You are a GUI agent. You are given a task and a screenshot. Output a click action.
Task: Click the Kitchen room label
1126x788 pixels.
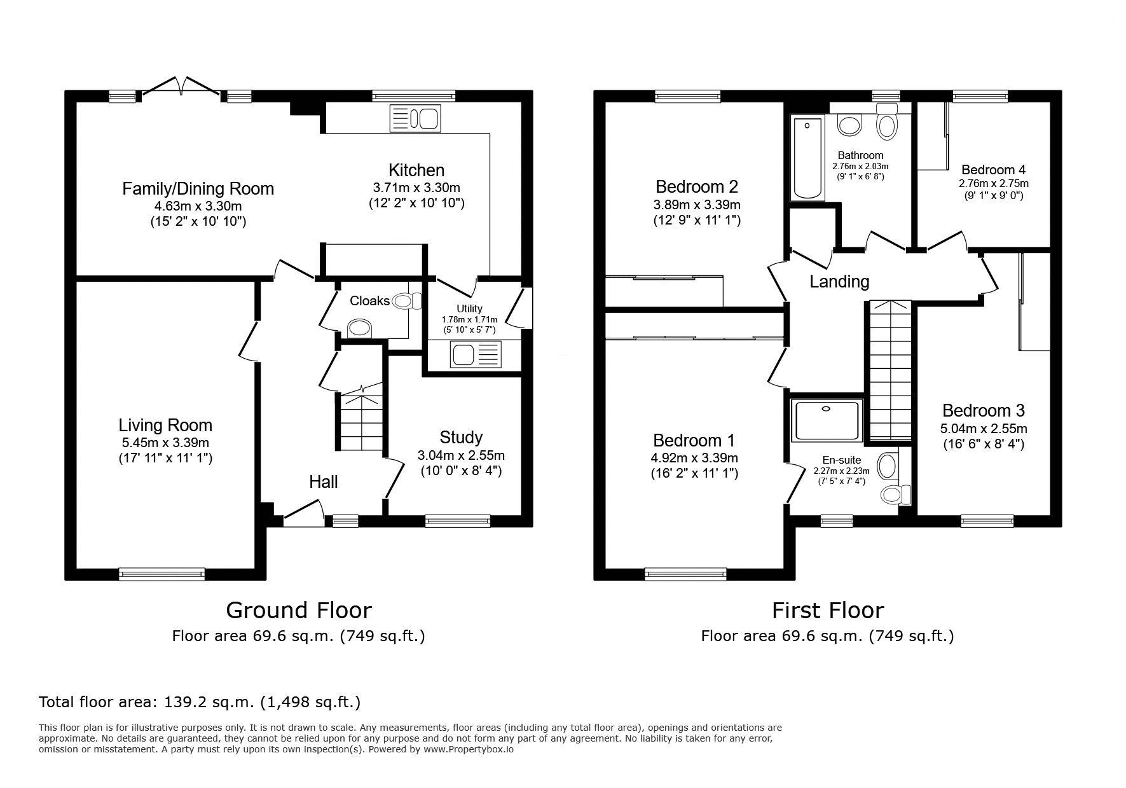click(416, 170)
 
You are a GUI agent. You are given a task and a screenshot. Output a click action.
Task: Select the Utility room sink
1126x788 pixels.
click(476, 354)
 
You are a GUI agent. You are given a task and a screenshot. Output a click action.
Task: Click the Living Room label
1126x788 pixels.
click(165, 425)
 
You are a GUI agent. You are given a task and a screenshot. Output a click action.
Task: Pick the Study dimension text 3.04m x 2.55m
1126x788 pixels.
click(461, 455)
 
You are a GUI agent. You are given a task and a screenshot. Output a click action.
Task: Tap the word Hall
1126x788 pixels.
click(324, 482)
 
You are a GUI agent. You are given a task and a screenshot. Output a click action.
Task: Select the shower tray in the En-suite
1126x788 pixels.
click(827, 420)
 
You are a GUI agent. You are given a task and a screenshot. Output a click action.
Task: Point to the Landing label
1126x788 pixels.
click(839, 281)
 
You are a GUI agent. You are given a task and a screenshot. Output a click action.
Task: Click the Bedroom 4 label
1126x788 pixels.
click(993, 170)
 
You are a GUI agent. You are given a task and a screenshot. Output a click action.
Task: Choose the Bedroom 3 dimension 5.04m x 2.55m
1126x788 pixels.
click(984, 429)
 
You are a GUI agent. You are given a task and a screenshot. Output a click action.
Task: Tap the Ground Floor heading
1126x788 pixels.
click(299, 611)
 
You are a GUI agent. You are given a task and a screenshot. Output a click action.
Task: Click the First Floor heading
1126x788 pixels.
click(828, 611)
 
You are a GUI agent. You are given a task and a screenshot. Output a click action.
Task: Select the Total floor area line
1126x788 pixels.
click(200, 702)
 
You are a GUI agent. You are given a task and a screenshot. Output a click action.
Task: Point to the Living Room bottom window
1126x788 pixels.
click(162, 574)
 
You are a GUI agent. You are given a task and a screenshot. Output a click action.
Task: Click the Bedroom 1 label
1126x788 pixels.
click(694, 440)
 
